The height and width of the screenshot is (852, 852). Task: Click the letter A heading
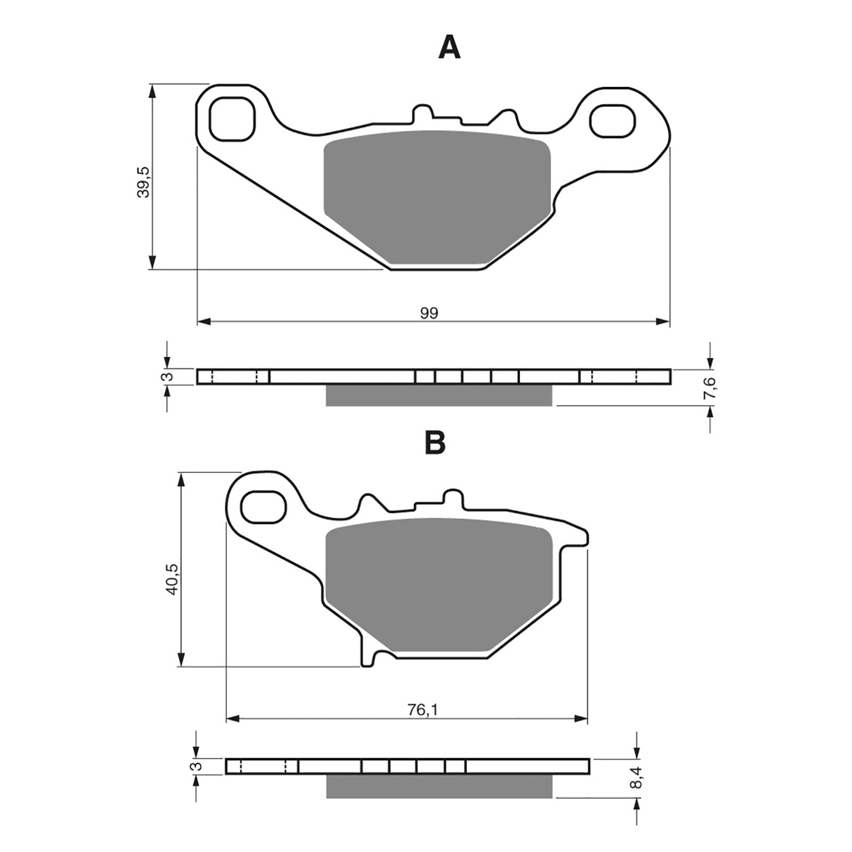point(449,48)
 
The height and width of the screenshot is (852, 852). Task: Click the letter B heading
point(435,443)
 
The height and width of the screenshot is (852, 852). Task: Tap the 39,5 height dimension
point(143,182)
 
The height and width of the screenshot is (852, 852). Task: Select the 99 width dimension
point(429,313)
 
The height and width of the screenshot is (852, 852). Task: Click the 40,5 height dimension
point(172,579)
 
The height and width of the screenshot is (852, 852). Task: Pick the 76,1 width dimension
point(419,710)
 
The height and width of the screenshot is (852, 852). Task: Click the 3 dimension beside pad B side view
point(196,766)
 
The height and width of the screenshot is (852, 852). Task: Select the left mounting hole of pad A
point(232,119)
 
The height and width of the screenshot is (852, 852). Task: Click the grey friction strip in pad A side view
point(439,395)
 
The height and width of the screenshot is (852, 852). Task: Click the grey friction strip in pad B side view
point(439,786)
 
